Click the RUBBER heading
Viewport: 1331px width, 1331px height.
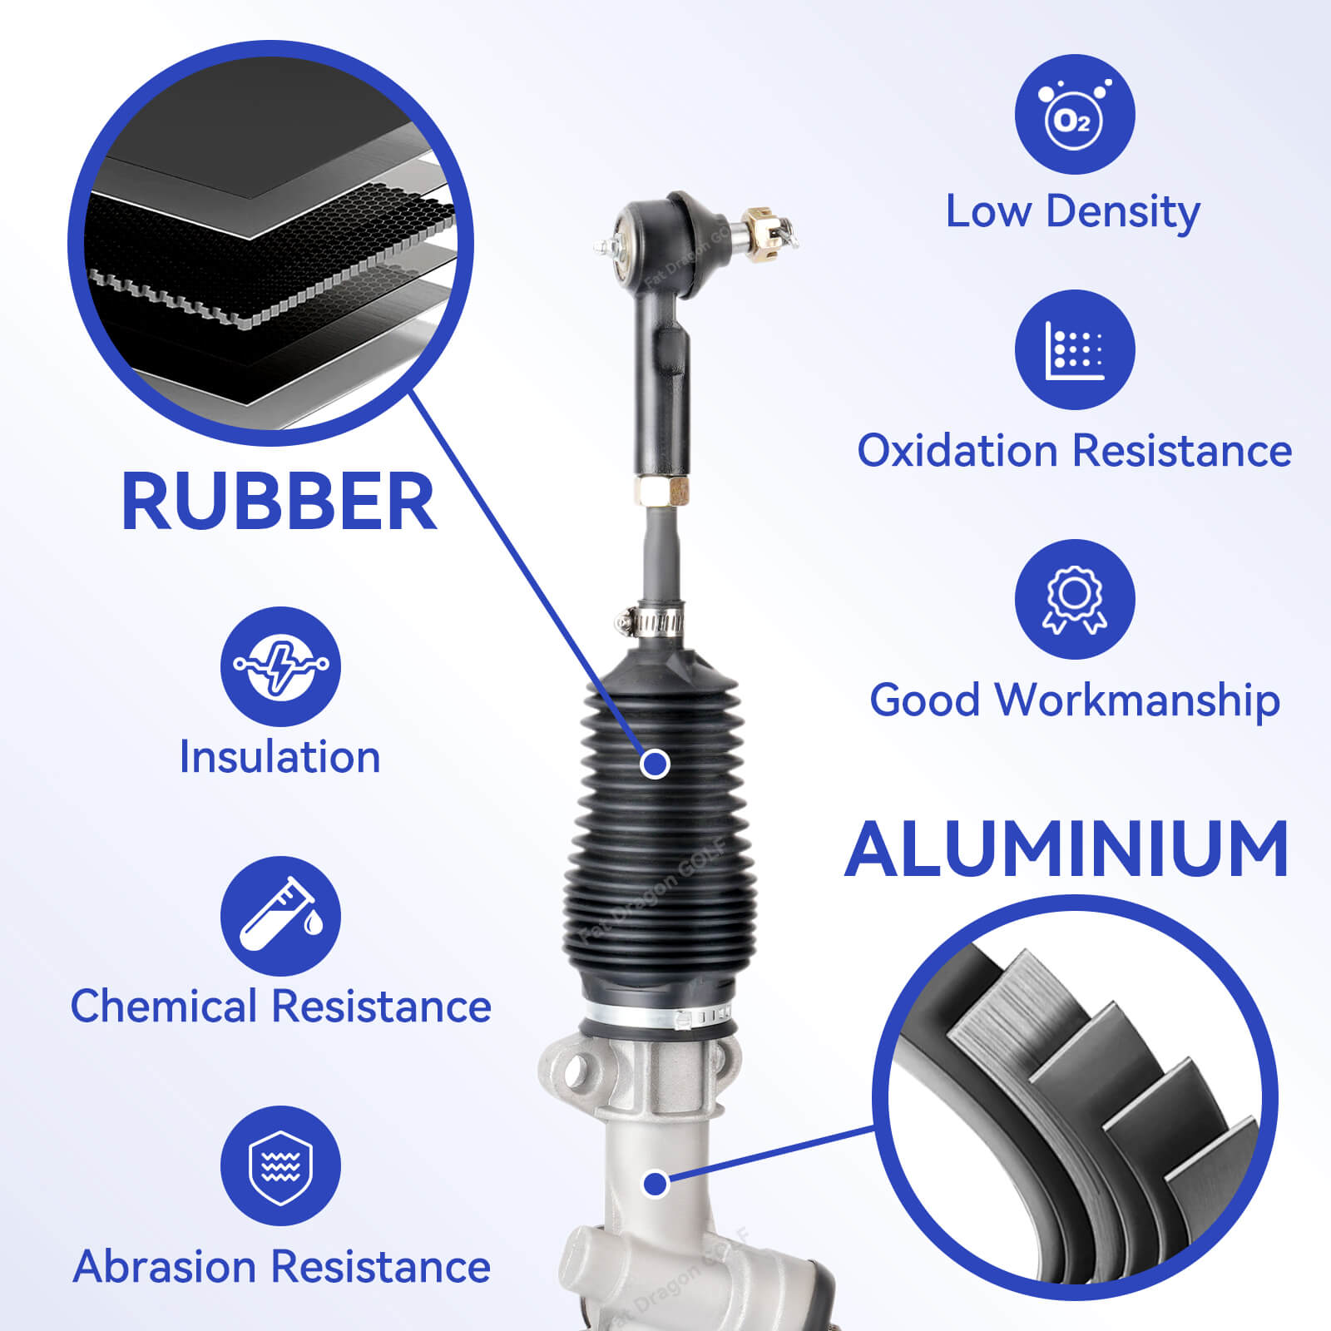tap(279, 502)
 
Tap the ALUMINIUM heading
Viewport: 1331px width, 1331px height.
tap(1067, 849)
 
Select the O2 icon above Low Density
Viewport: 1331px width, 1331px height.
tap(1074, 115)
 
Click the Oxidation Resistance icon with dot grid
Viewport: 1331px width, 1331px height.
tap(1074, 349)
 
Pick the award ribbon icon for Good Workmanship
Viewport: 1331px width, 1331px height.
tap(1074, 599)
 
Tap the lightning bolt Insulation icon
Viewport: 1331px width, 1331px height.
tap(280, 666)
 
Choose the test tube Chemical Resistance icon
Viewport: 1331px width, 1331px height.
tap(280, 916)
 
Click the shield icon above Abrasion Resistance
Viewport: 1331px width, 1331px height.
tap(280, 1165)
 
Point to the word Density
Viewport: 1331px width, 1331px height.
tap(1123, 212)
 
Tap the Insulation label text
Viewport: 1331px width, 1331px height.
tap(280, 757)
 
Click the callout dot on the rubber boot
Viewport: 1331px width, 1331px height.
tap(656, 763)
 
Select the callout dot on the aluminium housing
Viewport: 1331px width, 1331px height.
tap(656, 1183)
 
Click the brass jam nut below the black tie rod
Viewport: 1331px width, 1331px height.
tap(662, 491)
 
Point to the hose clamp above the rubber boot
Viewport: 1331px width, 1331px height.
tap(651, 621)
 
